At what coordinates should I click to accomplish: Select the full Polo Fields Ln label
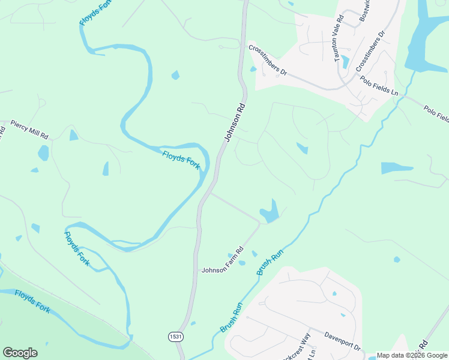pyautogui.click(x=379, y=86)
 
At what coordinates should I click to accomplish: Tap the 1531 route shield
pyautogui.click(x=175, y=337)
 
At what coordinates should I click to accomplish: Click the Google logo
pyautogui.click(x=20, y=353)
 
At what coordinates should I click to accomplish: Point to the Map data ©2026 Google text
pyautogui.click(x=412, y=355)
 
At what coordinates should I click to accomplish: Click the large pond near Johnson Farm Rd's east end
pyautogui.click(x=270, y=212)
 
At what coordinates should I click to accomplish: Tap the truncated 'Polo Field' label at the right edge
pyautogui.click(x=436, y=113)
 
